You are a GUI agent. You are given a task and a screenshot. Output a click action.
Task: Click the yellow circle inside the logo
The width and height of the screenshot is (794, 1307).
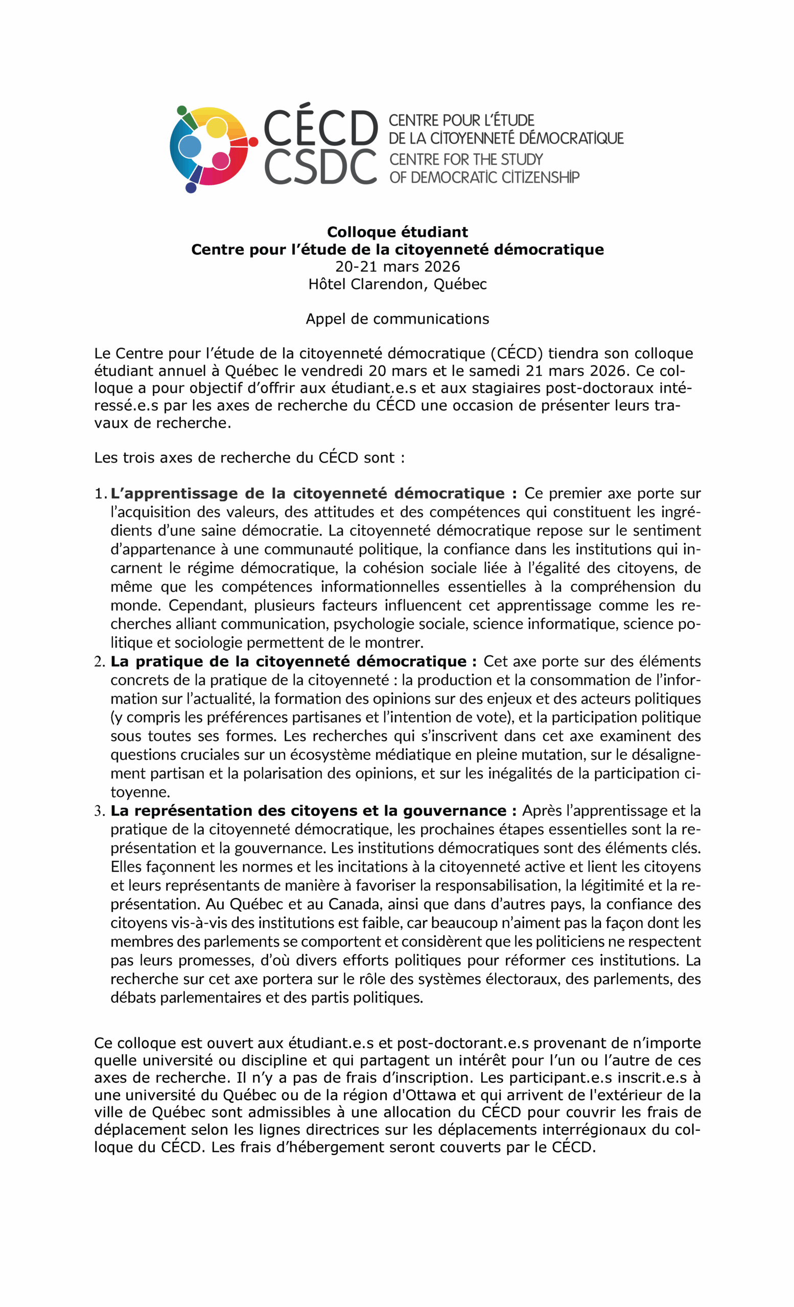click(x=216, y=128)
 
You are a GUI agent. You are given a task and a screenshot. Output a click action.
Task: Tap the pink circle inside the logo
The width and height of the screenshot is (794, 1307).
click(x=220, y=160)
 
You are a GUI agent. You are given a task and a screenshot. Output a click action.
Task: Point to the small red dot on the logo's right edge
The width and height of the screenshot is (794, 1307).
click(x=253, y=141)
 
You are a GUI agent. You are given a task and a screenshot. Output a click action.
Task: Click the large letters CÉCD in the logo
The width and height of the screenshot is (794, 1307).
click(x=320, y=128)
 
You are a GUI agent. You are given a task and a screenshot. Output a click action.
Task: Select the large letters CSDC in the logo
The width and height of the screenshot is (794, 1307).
click(x=320, y=166)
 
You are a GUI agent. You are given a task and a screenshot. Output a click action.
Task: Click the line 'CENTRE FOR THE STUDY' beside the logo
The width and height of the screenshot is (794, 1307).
click(x=466, y=159)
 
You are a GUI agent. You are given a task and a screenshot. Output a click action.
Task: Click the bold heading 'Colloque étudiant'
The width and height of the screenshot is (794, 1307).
click(x=397, y=232)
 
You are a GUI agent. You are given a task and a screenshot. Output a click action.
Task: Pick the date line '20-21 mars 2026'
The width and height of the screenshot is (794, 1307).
click(x=397, y=267)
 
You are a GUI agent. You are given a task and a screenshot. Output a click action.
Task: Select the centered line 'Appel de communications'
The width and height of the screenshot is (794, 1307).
click(x=397, y=318)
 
